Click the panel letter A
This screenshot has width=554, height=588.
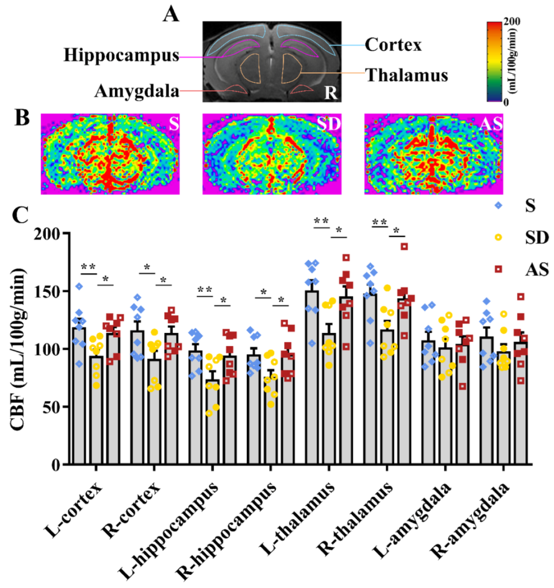pos(171,14)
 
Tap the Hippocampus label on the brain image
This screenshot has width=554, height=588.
pos(121,55)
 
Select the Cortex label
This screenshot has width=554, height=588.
pos(393,45)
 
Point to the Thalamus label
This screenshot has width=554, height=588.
pos(407,75)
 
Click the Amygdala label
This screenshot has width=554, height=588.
pos(137,91)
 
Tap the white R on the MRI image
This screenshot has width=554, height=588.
pos(331,92)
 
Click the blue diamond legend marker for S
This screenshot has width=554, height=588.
pos(498,206)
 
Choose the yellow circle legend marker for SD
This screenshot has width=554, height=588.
pos(498,237)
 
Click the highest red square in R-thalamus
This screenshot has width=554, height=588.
pos(404,246)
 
